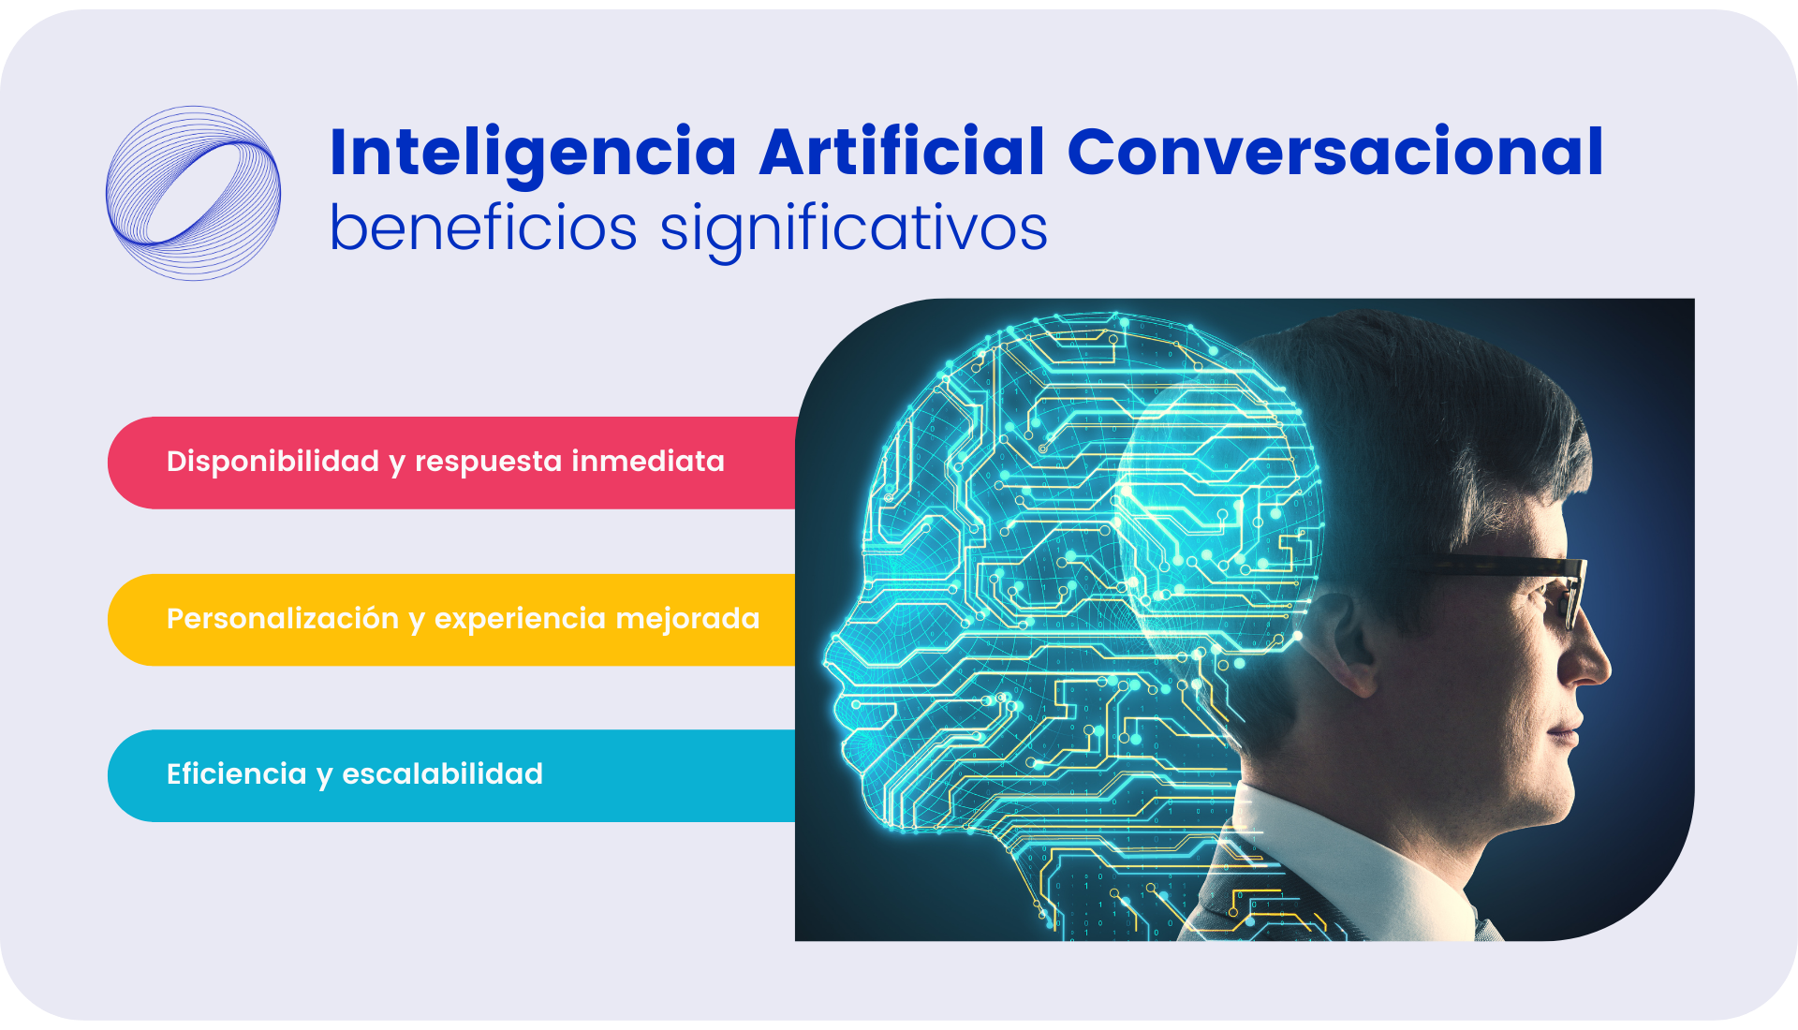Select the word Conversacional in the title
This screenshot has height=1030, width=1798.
click(x=1336, y=152)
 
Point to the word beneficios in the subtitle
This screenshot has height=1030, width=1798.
click(x=483, y=228)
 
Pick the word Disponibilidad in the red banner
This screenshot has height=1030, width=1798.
click(x=273, y=462)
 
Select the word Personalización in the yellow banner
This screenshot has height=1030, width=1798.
click(x=283, y=619)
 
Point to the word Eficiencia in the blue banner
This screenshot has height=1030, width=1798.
click(x=236, y=773)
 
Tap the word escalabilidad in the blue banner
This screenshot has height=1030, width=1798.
click(x=442, y=774)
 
